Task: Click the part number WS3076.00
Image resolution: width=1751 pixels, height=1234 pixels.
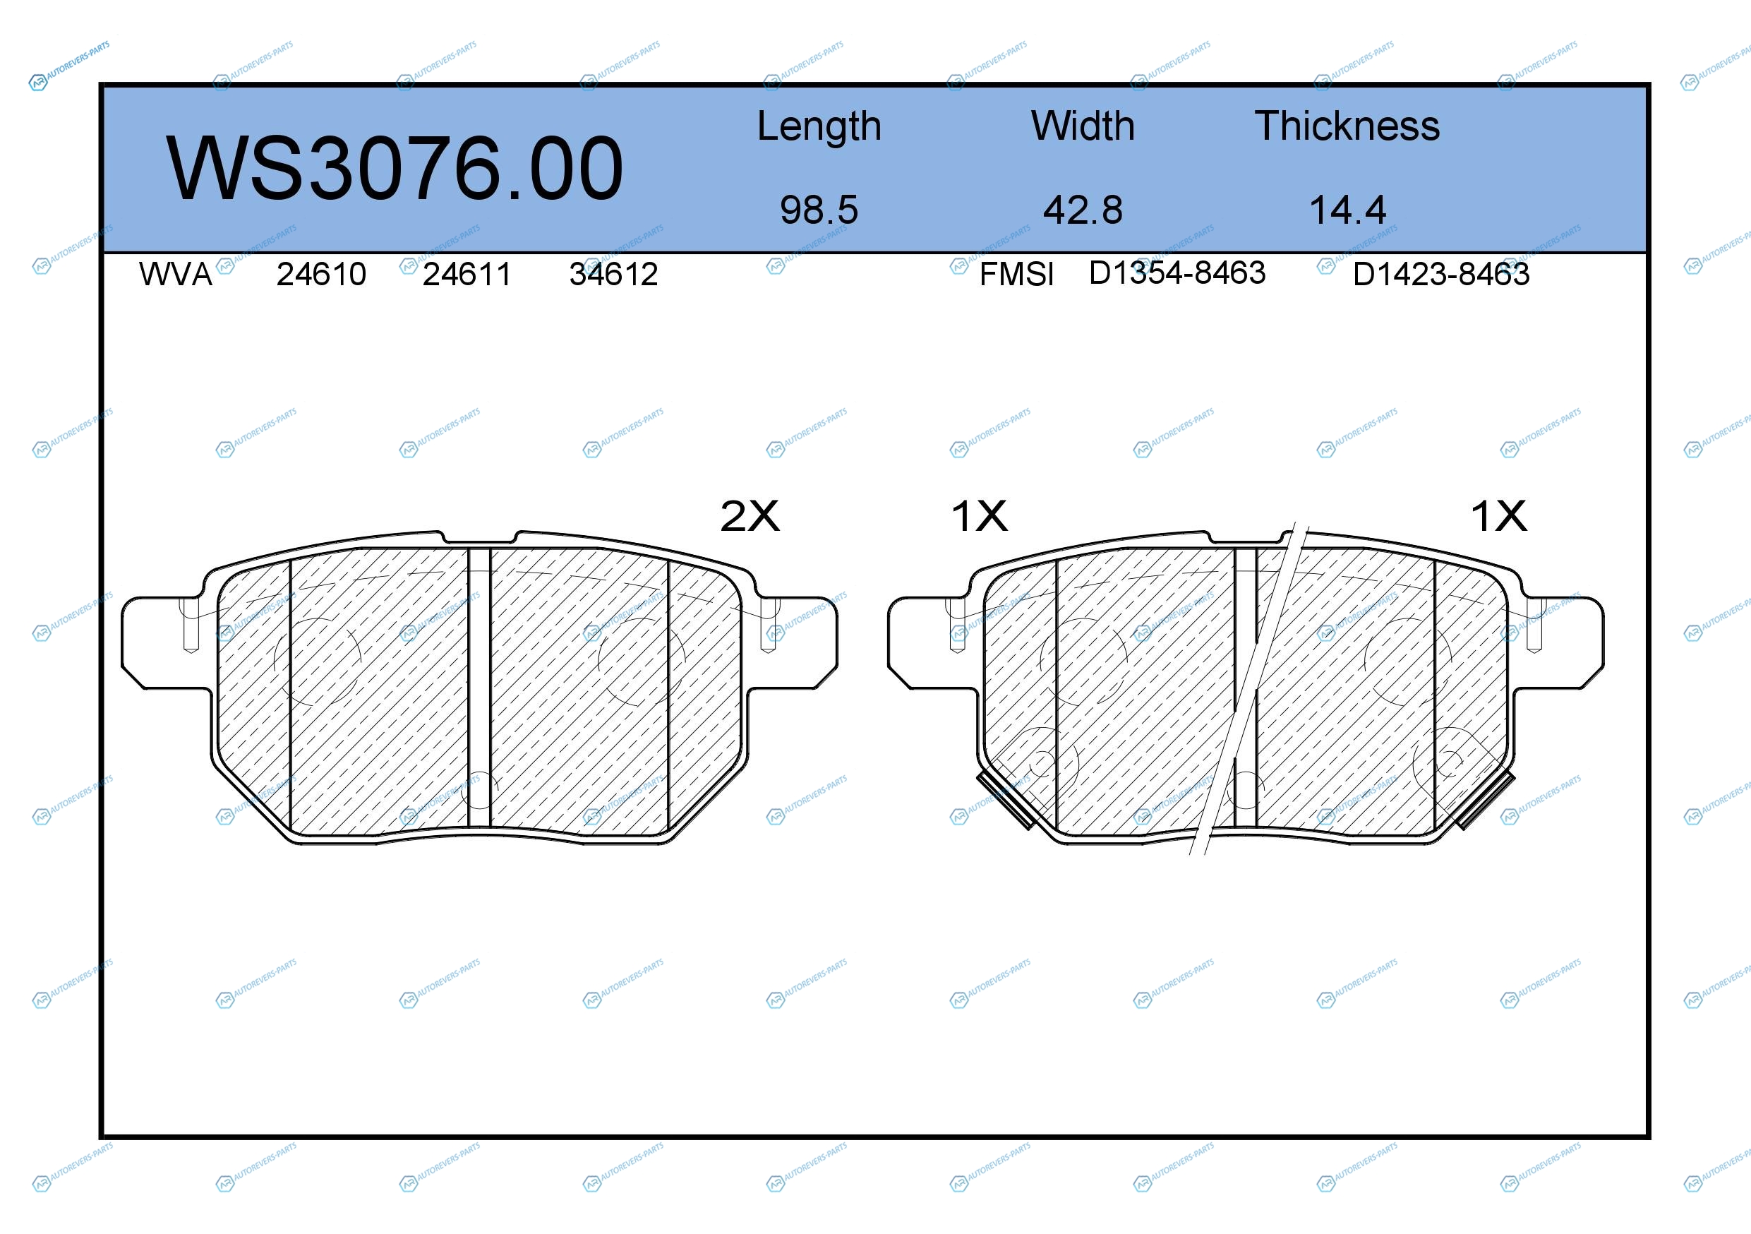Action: pos(395,168)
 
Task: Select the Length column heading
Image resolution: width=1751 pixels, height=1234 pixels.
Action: pos(819,126)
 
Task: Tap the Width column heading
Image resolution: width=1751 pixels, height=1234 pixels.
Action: pos(1083,126)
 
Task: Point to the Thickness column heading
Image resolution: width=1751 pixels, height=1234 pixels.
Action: pos(1347,126)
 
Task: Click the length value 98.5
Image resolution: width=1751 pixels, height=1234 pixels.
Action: pos(819,210)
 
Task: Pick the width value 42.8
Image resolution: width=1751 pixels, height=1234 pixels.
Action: pos(1083,210)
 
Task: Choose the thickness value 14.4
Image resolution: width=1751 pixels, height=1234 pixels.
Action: pos(1347,210)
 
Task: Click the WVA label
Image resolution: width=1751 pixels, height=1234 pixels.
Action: pos(176,275)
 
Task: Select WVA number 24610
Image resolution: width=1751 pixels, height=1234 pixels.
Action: pos(321,275)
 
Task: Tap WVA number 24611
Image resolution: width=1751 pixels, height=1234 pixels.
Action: pos(467,275)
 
